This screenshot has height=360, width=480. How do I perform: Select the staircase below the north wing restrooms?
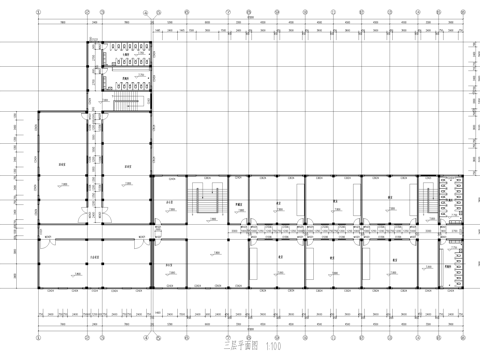coord(126,103)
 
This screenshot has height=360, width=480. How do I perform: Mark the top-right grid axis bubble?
coord(463,14)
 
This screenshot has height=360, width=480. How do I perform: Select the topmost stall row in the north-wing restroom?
coord(128,45)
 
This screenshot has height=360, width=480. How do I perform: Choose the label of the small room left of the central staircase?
coord(170,204)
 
